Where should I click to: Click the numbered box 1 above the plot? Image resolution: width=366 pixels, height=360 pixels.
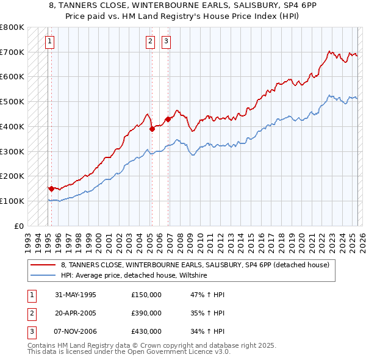point(49,41)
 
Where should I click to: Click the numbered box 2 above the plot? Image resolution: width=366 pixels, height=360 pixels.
point(150,41)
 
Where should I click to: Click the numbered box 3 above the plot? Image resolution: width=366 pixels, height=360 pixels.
point(166,41)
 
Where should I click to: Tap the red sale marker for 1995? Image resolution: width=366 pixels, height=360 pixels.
point(51,189)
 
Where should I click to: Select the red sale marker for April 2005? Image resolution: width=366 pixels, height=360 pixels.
point(151,129)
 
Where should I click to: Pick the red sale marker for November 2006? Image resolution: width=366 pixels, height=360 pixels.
point(167,119)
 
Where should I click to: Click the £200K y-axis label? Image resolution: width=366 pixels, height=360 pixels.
point(12,176)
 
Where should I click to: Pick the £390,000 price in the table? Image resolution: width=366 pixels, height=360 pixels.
point(146,314)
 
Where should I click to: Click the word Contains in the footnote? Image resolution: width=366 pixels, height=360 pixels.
point(43,345)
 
